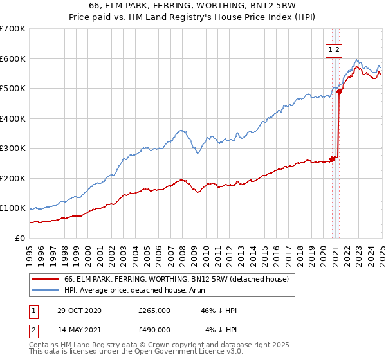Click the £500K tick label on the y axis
pos(12,89)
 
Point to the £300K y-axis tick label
pos(12,148)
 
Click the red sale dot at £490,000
pos(339,91)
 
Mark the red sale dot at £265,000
pos(333,159)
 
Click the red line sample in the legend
pos(46,280)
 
